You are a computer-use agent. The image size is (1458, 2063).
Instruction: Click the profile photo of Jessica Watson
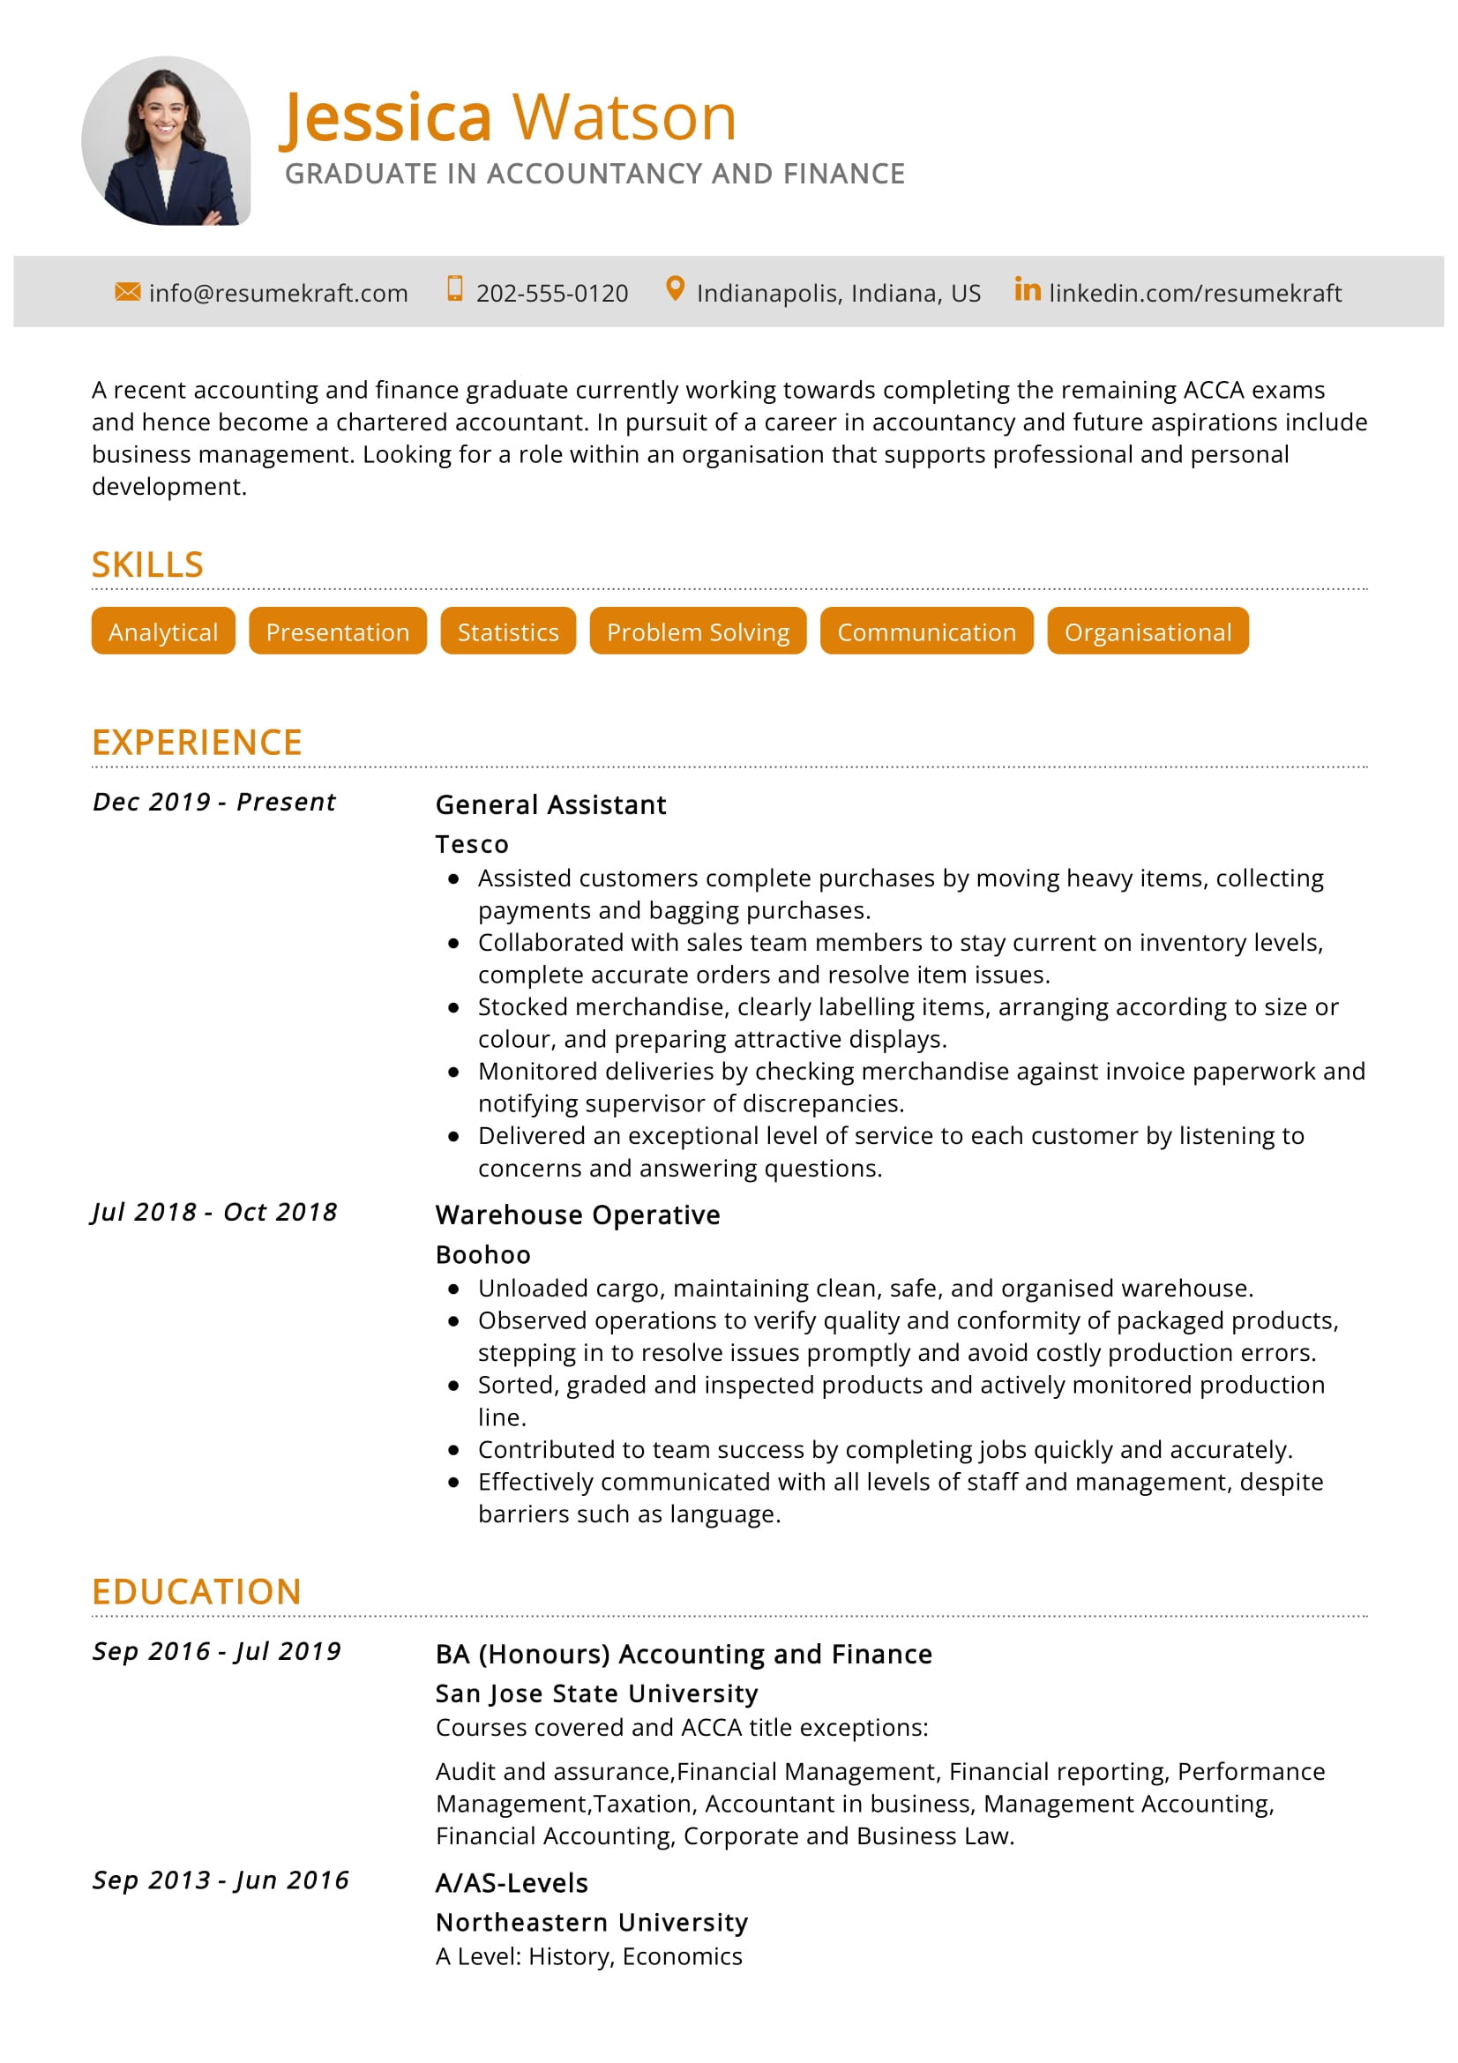pos(166,141)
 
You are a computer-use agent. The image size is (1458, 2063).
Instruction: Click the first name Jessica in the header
pos(386,117)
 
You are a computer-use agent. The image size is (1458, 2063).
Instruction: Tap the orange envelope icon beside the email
pos(128,291)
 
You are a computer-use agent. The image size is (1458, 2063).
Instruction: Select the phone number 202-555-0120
pos(551,293)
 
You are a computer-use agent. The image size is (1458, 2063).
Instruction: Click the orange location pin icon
pos(675,289)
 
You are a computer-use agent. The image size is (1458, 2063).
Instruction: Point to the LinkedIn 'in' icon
pos(1027,289)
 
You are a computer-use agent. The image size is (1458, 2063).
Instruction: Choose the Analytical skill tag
pos(162,631)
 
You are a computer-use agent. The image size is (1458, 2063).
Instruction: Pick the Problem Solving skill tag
pos(697,631)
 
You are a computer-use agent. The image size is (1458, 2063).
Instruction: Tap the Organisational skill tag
pos(1147,631)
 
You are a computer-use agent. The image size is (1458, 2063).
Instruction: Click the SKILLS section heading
pos(147,564)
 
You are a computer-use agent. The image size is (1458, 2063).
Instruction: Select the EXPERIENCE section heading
pos(197,742)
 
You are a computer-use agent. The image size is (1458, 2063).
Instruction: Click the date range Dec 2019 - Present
pos(213,802)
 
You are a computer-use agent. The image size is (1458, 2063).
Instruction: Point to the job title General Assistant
pos(550,804)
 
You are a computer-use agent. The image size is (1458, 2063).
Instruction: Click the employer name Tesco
pos(472,844)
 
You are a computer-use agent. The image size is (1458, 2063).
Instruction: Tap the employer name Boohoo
pos(482,1254)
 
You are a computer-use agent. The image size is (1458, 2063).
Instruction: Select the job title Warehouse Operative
pos(577,1215)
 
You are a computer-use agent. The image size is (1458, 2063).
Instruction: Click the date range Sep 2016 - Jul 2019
pos(216,1651)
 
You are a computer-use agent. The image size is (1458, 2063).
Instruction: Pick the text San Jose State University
pos(596,1693)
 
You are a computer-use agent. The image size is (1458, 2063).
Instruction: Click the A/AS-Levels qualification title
pos(512,1883)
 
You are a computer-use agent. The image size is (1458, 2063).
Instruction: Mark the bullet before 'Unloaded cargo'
pos(453,1289)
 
